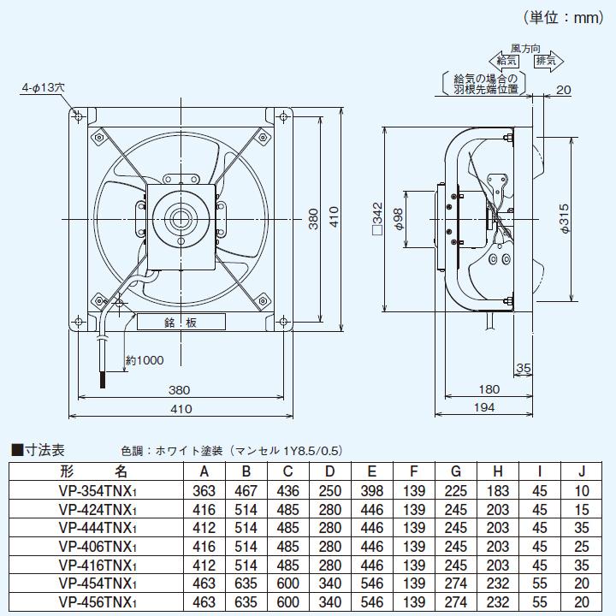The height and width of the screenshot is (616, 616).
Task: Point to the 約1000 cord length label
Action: pos(144,361)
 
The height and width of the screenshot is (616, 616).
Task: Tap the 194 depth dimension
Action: pos(484,409)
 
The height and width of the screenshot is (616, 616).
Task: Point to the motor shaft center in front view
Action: pos(181,216)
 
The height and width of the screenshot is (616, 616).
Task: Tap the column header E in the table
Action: pos(372,471)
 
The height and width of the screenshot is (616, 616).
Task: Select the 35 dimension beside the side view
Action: pos(524,370)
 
